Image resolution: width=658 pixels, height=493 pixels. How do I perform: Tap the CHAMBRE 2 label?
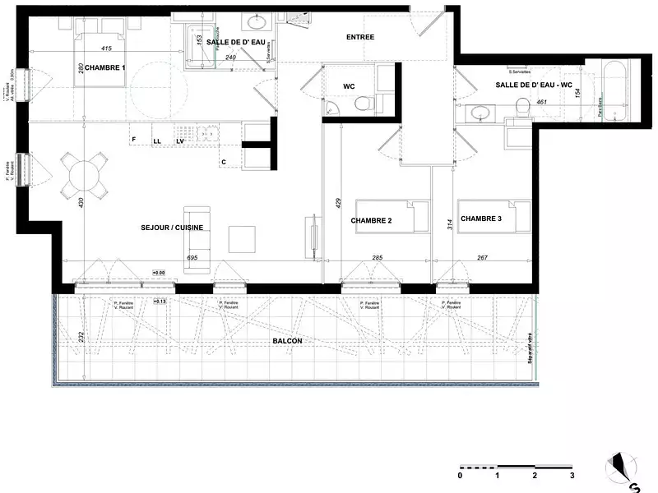[370, 221]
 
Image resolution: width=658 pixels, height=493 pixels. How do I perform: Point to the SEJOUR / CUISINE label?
[173, 228]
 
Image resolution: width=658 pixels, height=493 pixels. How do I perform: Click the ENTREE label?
[360, 37]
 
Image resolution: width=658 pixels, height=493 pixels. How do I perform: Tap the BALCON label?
[288, 341]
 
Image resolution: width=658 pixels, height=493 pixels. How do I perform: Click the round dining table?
[84, 175]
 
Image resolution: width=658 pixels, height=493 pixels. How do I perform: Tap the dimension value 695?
[192, 258]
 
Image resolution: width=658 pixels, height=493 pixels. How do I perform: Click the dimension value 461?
[541, 102]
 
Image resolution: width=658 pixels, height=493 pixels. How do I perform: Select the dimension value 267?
[482, 258]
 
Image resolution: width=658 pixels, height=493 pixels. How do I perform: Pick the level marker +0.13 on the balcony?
[160, 302]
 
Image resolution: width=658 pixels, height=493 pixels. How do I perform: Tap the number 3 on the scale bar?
[572, 476]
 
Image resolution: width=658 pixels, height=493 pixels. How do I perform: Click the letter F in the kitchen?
[133, 141]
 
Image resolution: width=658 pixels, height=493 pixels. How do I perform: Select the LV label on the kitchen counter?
[180, 141]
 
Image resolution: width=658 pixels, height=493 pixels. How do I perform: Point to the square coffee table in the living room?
[242, 238]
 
